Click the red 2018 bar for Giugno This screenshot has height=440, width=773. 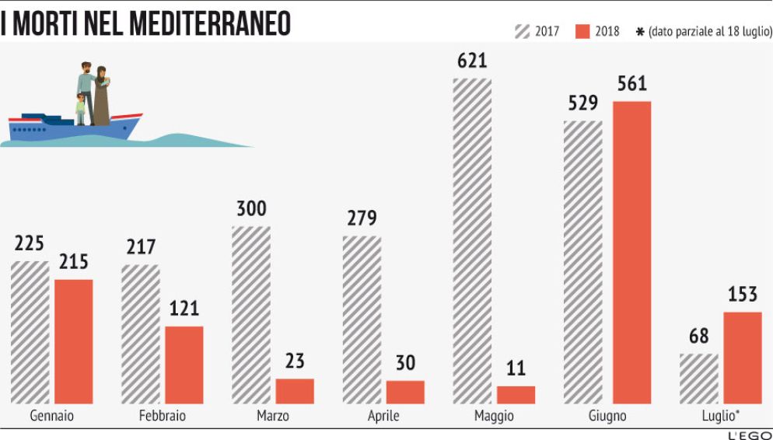point(631,253)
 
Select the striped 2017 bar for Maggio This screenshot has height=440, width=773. point(472,241)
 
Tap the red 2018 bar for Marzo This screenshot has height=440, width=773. point(295,391)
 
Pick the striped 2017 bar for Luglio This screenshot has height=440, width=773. point(698,379)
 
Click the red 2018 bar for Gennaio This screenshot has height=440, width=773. point(73,341)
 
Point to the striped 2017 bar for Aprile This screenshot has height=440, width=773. point(362,320)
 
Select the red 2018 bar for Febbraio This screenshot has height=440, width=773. point(184,365)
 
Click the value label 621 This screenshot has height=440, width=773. point(472,61)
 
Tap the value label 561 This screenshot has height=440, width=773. point(631,84)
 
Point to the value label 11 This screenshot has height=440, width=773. point(516,368)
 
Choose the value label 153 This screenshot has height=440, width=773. point(743,295)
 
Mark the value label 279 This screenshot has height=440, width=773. point(362,218)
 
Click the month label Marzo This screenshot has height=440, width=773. point(272,416)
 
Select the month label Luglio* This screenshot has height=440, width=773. point(719,416)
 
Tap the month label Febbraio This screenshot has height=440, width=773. point(162,416)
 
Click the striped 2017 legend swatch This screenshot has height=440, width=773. point(522,31)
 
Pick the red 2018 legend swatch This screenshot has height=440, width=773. point(583,31)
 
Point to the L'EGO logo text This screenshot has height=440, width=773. point(749,434)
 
